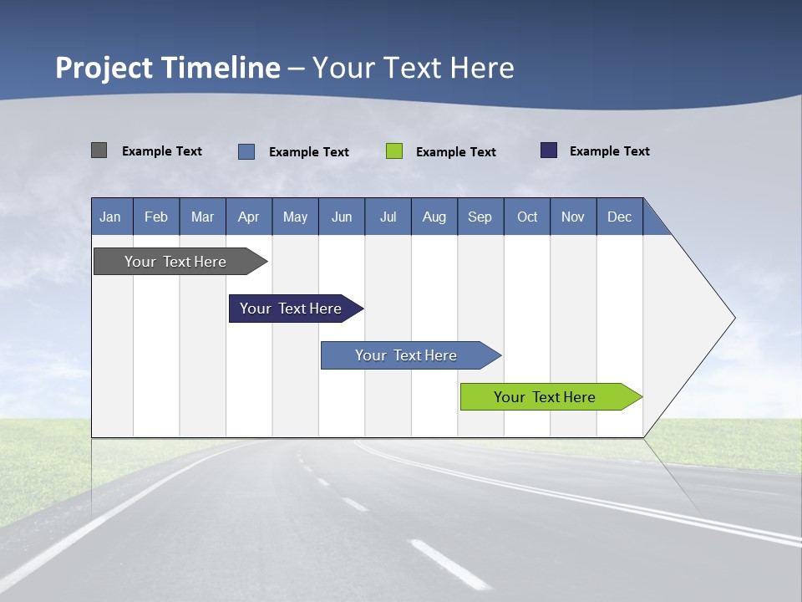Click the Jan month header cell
coord(111,217)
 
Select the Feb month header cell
coord(156,217)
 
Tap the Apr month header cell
coord(249,217)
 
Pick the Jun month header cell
coord(342,217)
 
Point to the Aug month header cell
coord(434,217)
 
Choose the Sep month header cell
coord(480,217)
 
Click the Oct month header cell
coord(527,217)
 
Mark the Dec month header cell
coord(620,217)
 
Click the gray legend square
coord(99,150)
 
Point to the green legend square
coord(394,151)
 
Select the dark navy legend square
coord(549,150)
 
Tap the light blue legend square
coord(246,151)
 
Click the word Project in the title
coord(102,68)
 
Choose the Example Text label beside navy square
coord(609,151)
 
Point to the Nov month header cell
coord(573,217)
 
